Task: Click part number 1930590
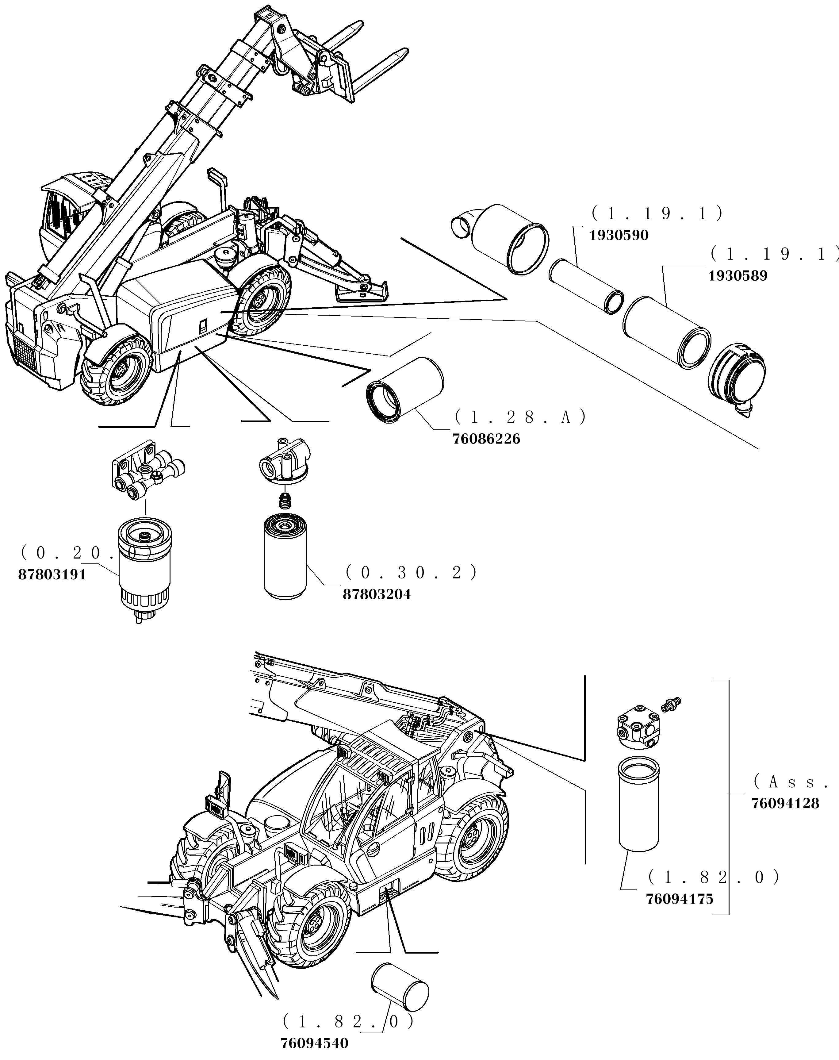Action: point(619,235)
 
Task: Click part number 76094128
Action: point(785,804)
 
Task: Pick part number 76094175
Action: point(679,899)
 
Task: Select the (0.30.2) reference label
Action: point(411,572)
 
